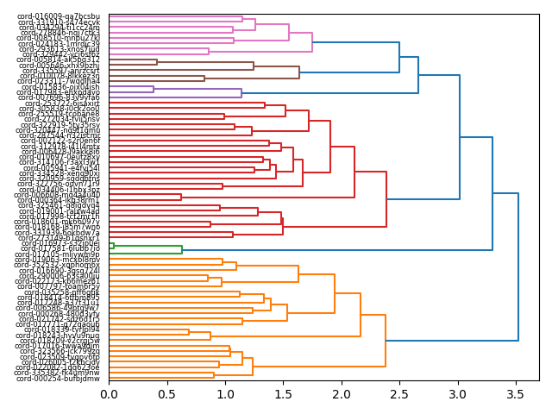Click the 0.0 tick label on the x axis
coord(109,394)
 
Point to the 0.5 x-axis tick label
coord(166,394)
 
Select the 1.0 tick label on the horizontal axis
coord(225,394)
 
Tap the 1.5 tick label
coord(284,394)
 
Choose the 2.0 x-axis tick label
coord(342,394)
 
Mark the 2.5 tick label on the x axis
coord(400,394)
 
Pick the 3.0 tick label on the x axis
coord(459,394)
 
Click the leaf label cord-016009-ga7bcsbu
coord(60,16)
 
